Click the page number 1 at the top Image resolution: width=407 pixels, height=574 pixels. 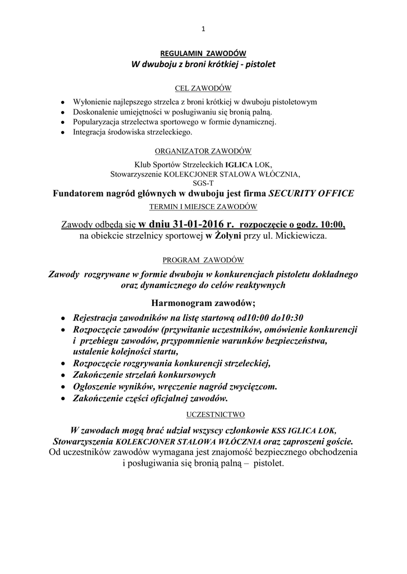point(203,30)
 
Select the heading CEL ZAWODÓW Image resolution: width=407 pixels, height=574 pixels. point(203,89)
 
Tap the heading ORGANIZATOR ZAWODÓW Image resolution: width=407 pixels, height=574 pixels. point(203,151)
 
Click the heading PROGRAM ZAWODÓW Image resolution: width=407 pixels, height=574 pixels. point(203,260)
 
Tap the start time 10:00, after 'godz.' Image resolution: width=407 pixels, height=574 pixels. point(331,225)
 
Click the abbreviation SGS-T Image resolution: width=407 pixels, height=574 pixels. point(203,182)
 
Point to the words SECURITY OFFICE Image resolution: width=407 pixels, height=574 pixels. point(312,194)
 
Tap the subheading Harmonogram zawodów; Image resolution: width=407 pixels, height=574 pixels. point(203,303)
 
